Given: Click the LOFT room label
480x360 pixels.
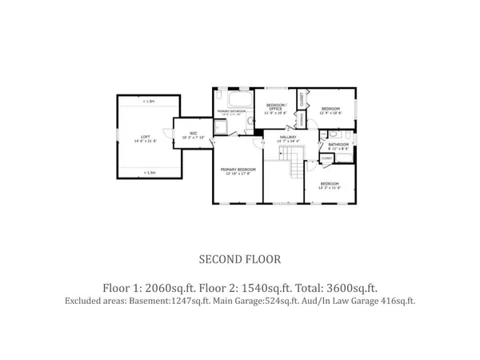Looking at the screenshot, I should (146, 137).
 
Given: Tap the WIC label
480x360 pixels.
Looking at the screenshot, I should (194, 134).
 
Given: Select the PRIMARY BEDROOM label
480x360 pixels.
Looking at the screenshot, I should (238, 170).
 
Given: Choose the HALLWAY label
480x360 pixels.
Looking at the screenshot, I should (288, 138).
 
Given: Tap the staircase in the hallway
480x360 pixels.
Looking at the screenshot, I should (295, 166).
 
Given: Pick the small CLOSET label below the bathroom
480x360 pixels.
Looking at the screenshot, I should (326, 158).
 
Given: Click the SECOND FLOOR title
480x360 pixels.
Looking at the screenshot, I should (239, 259).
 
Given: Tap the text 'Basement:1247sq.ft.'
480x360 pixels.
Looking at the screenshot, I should (166, 302).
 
